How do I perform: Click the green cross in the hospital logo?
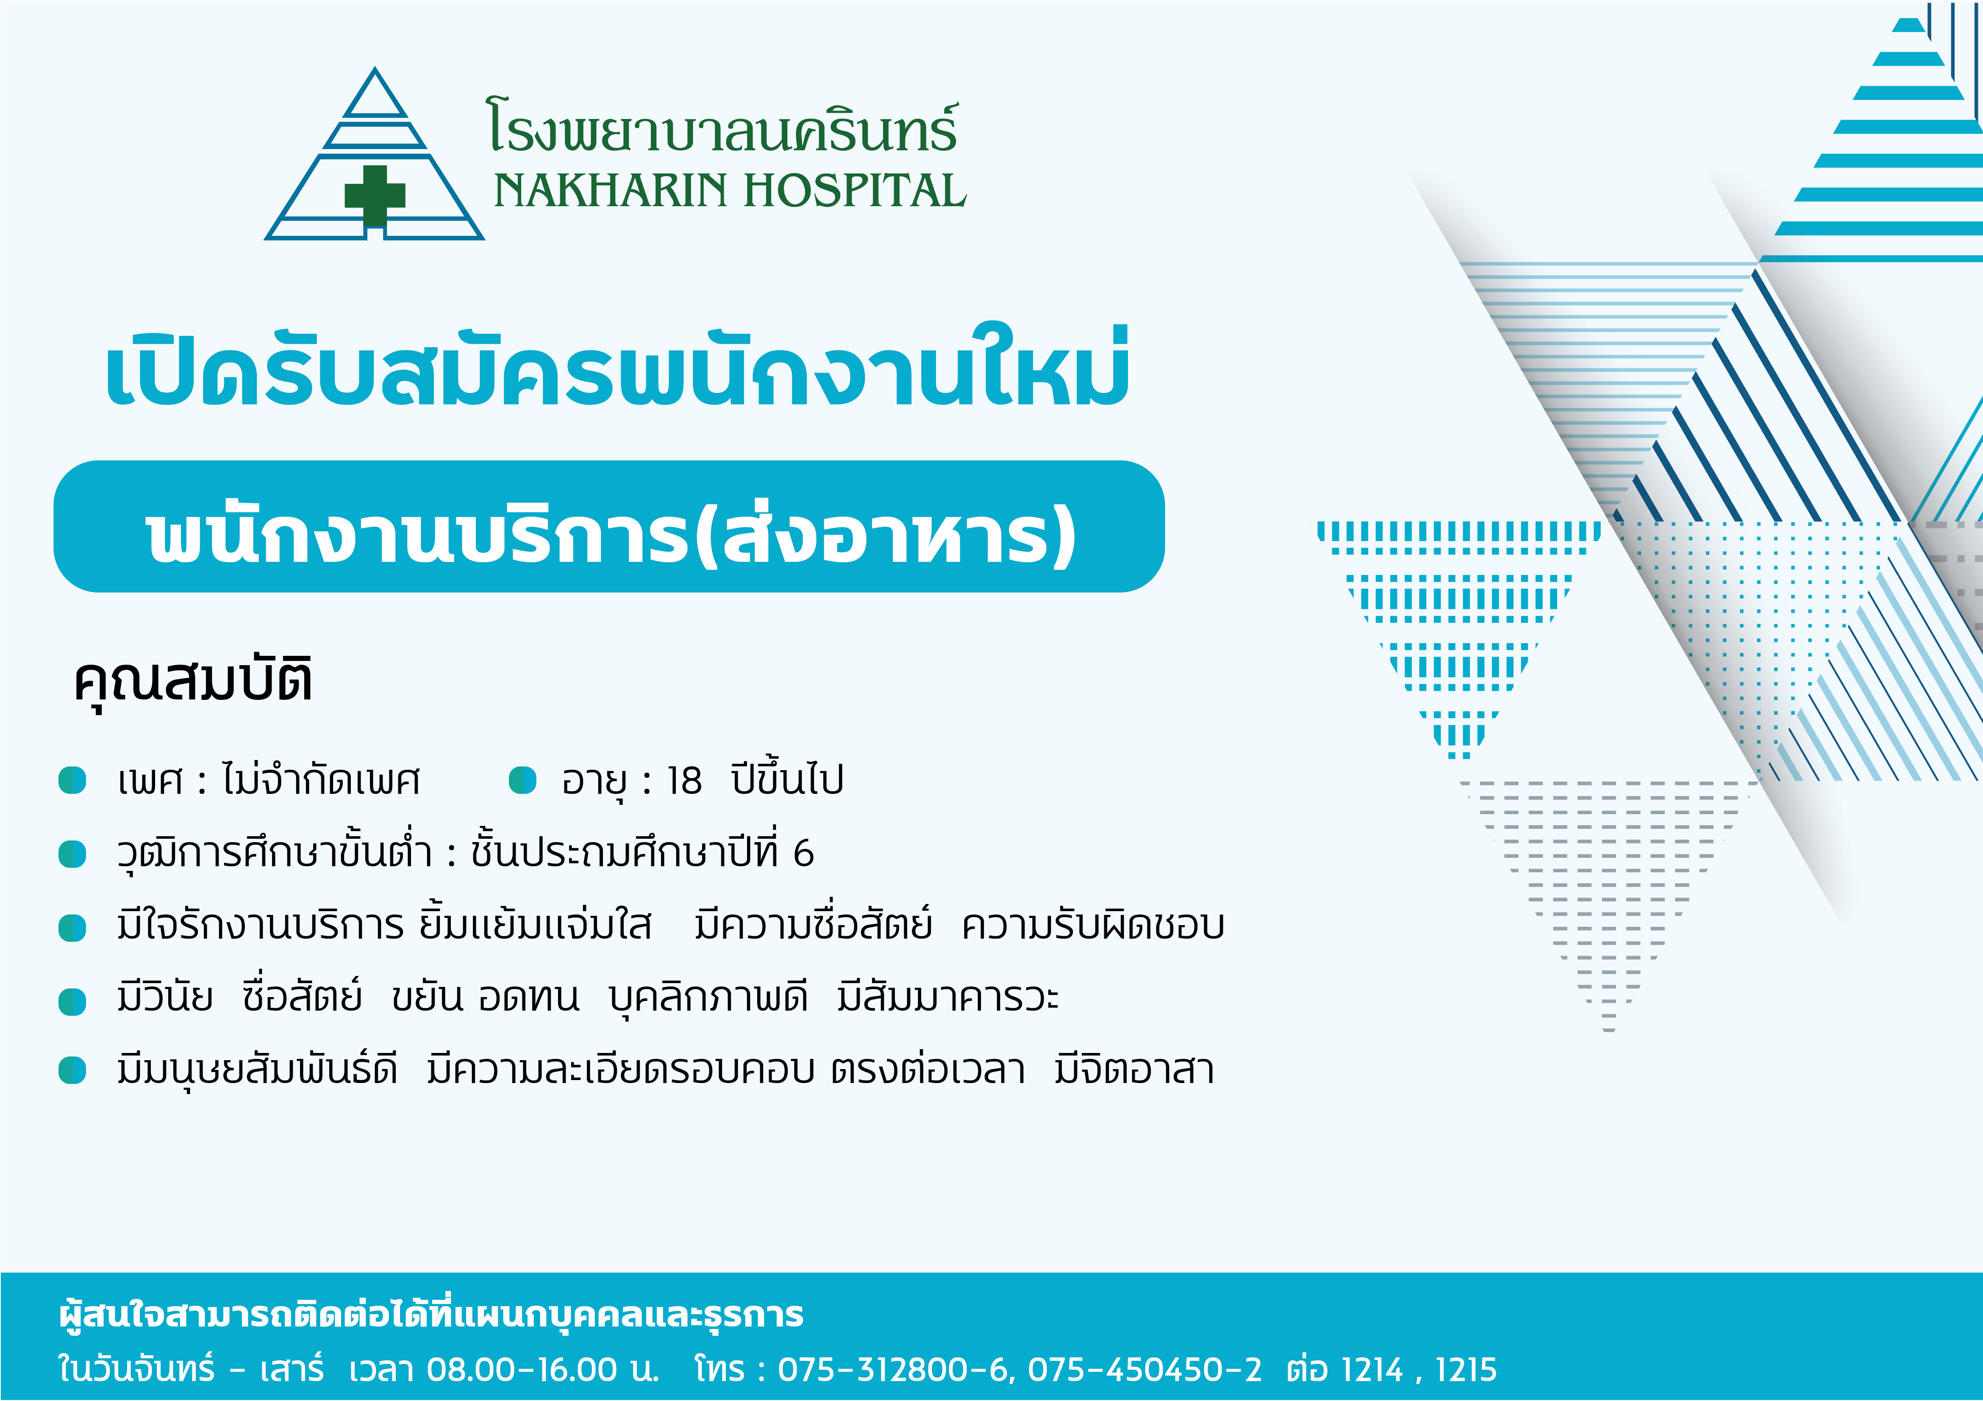pos(375,195)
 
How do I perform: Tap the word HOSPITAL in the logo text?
pos(855,191)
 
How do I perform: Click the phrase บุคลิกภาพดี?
pos(708,998)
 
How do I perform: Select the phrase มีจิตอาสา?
pos(1134,1070)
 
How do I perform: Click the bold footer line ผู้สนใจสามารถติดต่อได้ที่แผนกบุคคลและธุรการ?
pos(432,1315)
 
